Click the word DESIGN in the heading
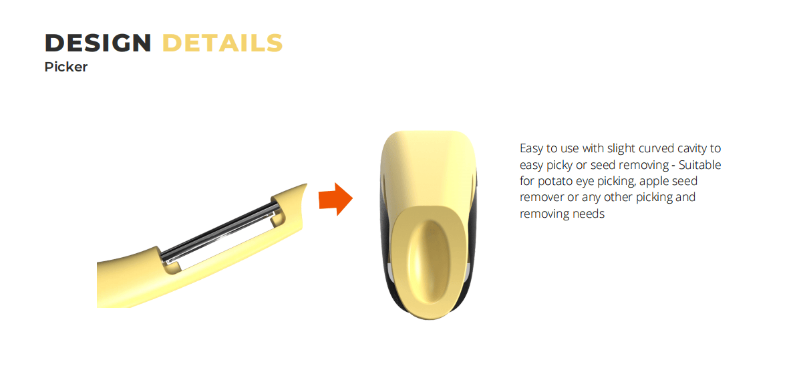click(98, 43)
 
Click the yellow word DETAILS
click(222, 43)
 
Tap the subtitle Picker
click(65, 67)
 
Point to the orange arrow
click(335, 198)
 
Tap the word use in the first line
click(570, 150)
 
